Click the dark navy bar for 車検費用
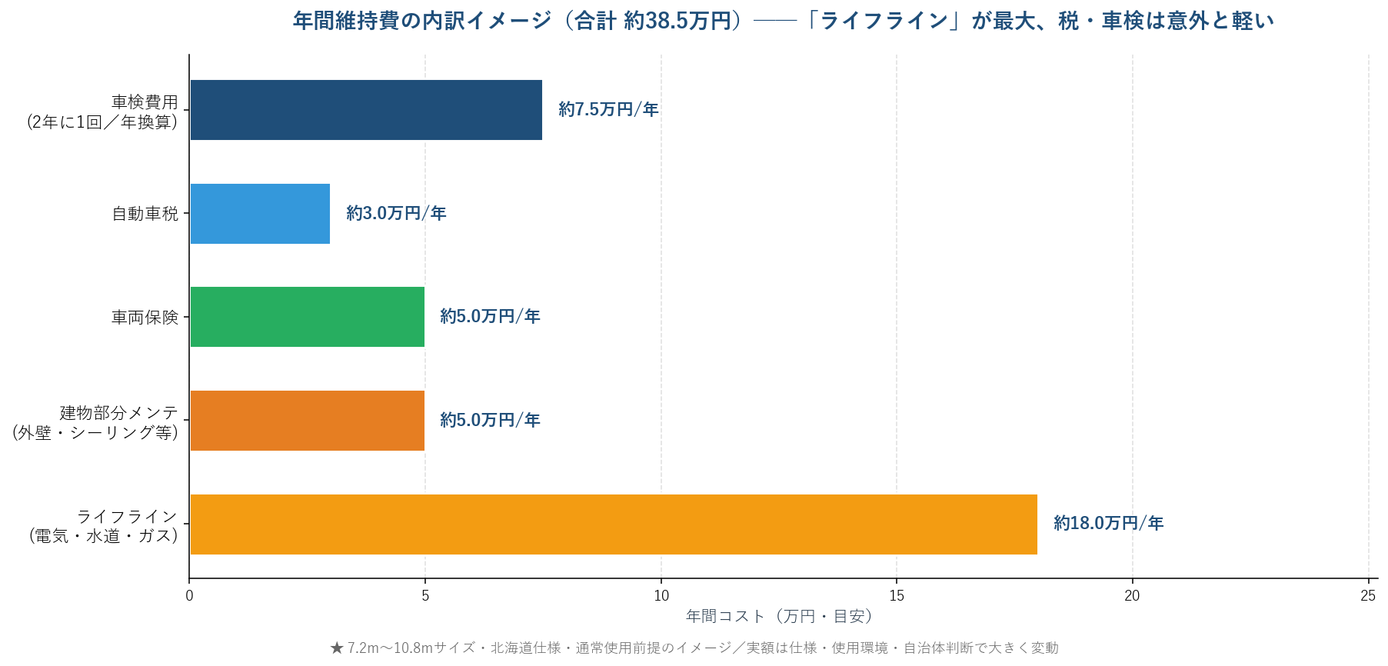[366, 110]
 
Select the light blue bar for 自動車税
[260, 214]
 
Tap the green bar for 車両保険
[308, 317]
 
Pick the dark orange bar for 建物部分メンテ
[308, 421]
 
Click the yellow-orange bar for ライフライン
[614, 524]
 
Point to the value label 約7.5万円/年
[608, 110]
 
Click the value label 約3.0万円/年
[396, 214]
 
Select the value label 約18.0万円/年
[1108, 524]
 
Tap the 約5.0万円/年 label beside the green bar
[490, 317]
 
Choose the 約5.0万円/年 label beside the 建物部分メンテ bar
[490, 421]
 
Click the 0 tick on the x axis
[190, 596]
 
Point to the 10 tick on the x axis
[661, 596]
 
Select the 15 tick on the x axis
[897, 596]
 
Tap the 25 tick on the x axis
[1368, 596]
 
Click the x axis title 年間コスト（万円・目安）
[779, 617]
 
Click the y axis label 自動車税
[145, 214]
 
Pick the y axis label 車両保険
[145, 317]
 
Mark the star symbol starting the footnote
[337, 648]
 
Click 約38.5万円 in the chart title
[677, 21]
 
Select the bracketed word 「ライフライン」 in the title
[884, 21]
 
